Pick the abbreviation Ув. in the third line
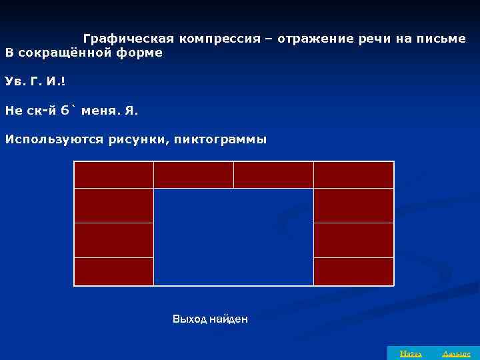tap(14, 81)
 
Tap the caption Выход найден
tap(210, 319)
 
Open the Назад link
tap(405, 353)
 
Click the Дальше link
tap(456, 353)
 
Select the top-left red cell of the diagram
tap(114, 175)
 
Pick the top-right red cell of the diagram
tap(353, 175)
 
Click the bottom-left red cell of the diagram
tap(114, 271)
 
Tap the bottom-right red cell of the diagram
tap(353, 271)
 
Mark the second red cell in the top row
tap(193, 175)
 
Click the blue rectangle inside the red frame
tap(233, 237)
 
